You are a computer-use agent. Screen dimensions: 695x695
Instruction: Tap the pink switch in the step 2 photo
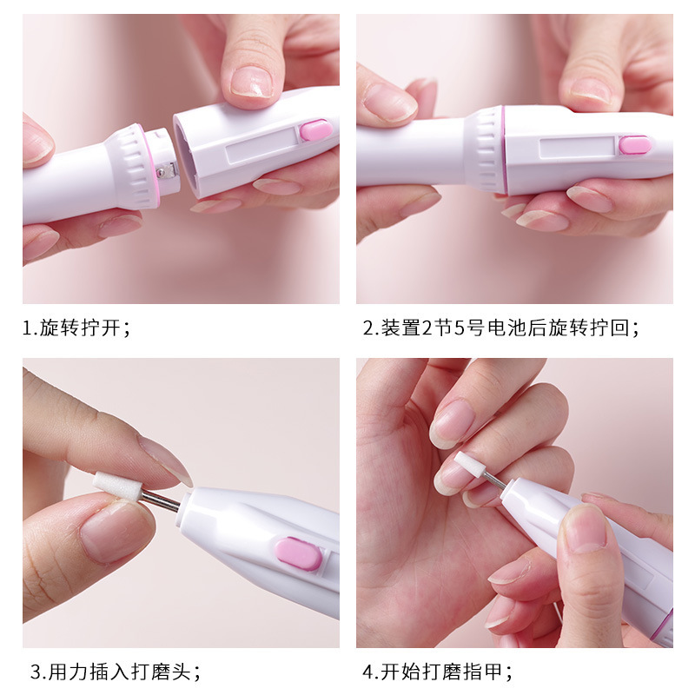coord(635,145)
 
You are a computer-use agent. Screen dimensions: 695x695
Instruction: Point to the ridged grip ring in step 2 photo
coord(489,149)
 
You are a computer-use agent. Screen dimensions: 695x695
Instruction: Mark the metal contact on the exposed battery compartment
coord(162,172)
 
